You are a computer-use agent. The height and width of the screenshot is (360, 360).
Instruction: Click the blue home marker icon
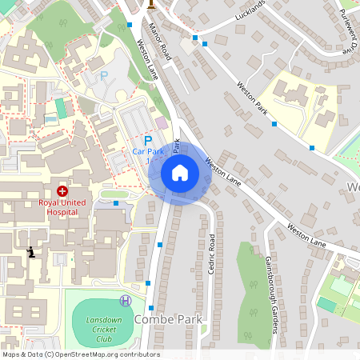click(x=180, y=172)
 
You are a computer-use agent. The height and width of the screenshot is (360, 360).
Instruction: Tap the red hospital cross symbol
click(x=62, y=191)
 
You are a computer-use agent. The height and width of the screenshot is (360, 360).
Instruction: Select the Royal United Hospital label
click(x=62, y=206)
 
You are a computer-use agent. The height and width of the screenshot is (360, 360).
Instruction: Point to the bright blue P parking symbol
click(x=147, y=138)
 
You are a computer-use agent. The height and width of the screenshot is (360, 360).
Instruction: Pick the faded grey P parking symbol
click(x=102, y=77)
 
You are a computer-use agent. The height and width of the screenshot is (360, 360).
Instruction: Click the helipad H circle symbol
click(x=126, y=300)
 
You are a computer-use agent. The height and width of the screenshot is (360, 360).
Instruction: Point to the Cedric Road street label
click(x=212, y=254)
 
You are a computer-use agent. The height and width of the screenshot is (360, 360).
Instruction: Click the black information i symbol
click(x=31, y=252)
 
